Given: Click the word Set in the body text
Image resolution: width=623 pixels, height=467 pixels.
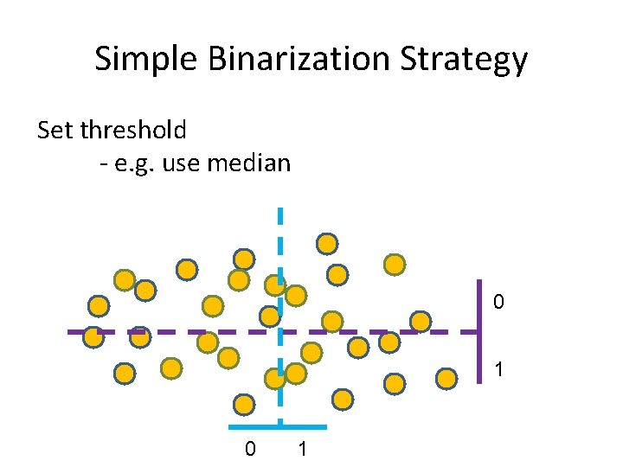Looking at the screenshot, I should click(x=56, y=131).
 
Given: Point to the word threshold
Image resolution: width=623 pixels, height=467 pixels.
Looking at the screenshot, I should click(x=133, y=131).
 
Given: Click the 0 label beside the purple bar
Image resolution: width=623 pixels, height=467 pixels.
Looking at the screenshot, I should click(x=498, y=303).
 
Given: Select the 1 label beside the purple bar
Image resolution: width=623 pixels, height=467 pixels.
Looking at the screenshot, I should click(x=498, y=369).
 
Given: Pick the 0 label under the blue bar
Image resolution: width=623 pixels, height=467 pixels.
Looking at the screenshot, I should click(x=250, y=449).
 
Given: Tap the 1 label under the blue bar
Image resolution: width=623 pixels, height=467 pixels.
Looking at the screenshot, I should click(x=302, y=449).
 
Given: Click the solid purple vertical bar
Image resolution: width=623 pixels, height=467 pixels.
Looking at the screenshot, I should click(x=479, y=331).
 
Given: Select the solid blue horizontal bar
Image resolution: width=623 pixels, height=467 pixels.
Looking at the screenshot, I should click(x=279, y=426).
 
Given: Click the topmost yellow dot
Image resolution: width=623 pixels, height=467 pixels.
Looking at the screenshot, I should click(x=327, y=244).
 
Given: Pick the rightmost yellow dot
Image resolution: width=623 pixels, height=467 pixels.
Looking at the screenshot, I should click(x=446, y=379).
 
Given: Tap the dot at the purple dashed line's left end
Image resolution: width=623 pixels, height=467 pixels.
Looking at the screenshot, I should click(x=93, y=337).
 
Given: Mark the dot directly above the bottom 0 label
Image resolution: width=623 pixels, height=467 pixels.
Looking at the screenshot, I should click(x=245, y=404).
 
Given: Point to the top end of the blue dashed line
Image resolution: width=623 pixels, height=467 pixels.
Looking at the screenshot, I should click(x=279, y=211).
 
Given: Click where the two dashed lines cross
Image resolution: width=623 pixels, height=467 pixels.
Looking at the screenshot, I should click(x=279, y=332).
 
